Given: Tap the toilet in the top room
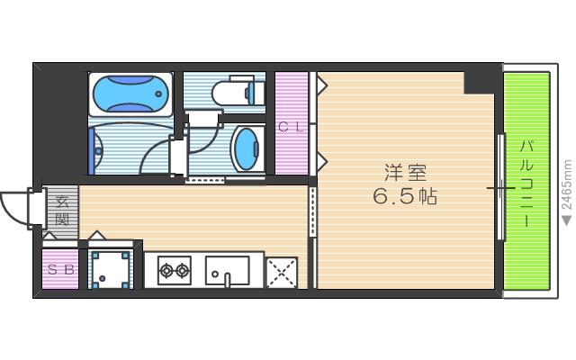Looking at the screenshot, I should (236, 92).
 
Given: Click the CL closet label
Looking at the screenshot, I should (291, 127).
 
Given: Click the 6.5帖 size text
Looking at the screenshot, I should (406, 197).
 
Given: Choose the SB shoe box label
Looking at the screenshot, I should (61, 269).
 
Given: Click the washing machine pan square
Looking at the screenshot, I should (112, 268).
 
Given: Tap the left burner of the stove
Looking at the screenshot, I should (166, 269).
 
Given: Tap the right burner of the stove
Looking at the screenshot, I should (183, 269).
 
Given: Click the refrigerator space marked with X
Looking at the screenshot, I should (282, 271).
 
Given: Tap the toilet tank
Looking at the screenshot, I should (253, 92).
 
